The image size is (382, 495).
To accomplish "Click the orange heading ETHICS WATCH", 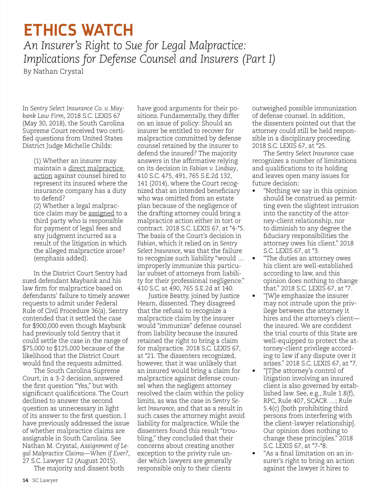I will [x=78, y=31].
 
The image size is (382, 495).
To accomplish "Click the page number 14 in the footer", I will [x=25, y=480].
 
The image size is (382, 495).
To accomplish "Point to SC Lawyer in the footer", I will [x=45, y=480].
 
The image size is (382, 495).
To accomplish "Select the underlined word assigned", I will [x=101, y=213].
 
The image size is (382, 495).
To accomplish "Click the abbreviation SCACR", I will [x=317, y=401].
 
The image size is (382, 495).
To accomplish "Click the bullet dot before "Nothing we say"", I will [x=254, y=191].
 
